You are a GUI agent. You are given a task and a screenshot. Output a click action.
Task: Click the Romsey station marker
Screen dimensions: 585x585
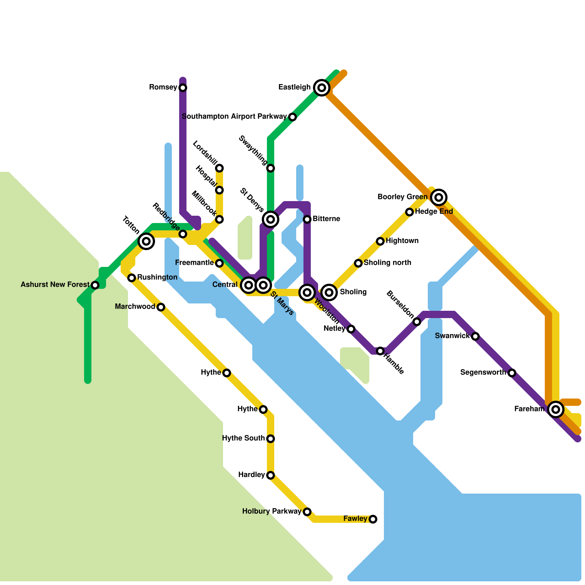(x=183, y=88)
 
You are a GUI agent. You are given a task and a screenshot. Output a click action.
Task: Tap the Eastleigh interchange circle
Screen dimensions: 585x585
(x=322, y=88)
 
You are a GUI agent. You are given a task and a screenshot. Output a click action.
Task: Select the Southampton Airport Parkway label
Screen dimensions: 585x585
(x=234, y=117)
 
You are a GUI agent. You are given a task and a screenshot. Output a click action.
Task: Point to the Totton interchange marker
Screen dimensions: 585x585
(x=146, y=241)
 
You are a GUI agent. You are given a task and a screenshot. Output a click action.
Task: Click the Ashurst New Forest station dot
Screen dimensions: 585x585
(x=95, y=285)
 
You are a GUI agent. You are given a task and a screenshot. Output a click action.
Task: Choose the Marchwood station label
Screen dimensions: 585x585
(x=135, y=307)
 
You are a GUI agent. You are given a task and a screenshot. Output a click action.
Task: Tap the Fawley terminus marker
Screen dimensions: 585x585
(x=373, y=519)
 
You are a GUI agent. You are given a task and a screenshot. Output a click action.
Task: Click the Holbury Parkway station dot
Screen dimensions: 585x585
(x=307, y=512)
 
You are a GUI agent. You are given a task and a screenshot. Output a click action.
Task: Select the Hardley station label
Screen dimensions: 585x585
(x=251, y=475)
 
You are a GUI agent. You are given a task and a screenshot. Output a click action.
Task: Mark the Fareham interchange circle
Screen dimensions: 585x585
(x=556, y=409)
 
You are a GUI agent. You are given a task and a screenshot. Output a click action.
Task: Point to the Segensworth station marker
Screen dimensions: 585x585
(x=512, y=373)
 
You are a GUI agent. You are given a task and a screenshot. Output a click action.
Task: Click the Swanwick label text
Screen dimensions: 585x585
(x=452, y=336)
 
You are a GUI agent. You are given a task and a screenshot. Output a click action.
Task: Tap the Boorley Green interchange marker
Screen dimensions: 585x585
(x=439, y=197)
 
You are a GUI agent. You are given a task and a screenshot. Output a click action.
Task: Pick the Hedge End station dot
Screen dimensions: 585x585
(x=409, y=212)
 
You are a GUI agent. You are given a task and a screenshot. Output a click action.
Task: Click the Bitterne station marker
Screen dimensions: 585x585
(x=307, y=219)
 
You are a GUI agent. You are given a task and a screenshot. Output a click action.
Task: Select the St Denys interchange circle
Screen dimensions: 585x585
(x=271, y=219)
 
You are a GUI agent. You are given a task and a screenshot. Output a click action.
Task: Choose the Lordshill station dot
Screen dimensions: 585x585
(x=219, y=168)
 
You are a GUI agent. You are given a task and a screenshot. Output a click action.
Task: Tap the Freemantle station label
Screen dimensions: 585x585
(x=194, y=263)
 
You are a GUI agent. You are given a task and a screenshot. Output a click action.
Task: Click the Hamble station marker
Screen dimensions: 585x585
(x=380, y=351)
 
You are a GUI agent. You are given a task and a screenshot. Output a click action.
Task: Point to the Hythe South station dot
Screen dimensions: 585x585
(x=271, y=439)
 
